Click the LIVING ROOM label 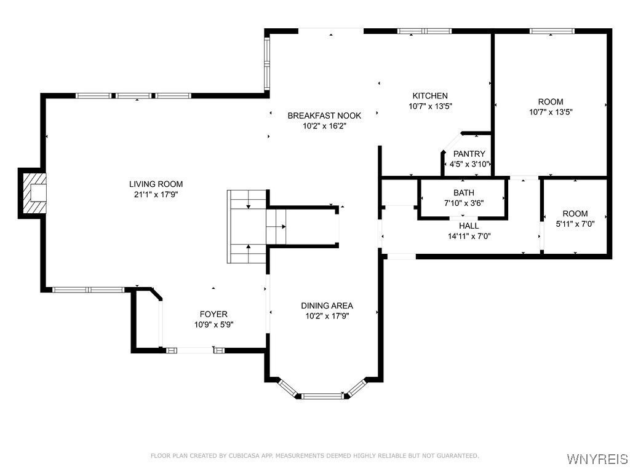156,184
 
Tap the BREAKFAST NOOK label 324,116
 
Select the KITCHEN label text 430,96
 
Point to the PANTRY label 469,154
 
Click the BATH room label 464,192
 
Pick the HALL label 469,226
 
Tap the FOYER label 213,314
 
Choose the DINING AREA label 327,306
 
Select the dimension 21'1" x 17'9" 156,195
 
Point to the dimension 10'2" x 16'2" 324,126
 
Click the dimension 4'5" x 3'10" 469,164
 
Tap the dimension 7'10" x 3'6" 464,203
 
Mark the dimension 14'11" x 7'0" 469,237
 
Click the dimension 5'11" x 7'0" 575,224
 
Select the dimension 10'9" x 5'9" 213,324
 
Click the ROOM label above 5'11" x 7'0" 575,213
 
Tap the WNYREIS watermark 597,458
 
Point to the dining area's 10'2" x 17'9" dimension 327,317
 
